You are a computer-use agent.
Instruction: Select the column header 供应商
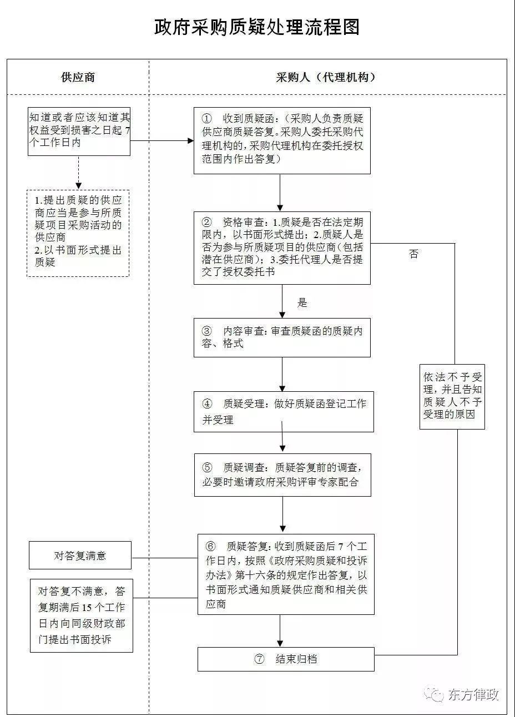click(78, 77)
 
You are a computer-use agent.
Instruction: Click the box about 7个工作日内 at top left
click(79, 132)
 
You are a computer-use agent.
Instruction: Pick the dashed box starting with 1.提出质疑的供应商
click(78, 233)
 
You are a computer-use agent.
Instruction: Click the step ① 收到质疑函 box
click(282, 140)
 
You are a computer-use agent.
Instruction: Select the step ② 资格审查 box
click(282, 248)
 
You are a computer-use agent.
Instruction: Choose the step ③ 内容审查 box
click(282, 337)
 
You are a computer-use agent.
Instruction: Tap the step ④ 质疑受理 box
click(284, 412)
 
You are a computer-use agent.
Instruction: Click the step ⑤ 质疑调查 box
click(282, 474)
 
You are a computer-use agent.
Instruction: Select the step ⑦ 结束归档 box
click(286, 659)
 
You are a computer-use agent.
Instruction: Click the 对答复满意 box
click(80, 556)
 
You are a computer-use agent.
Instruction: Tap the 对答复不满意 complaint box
click(82, 615)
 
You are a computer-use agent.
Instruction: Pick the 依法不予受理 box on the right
click(452, 396)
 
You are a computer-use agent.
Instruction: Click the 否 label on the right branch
click(413, 254)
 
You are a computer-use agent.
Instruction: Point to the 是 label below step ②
click(302, 302)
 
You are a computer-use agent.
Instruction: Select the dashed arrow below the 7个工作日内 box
click(78, 173)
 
